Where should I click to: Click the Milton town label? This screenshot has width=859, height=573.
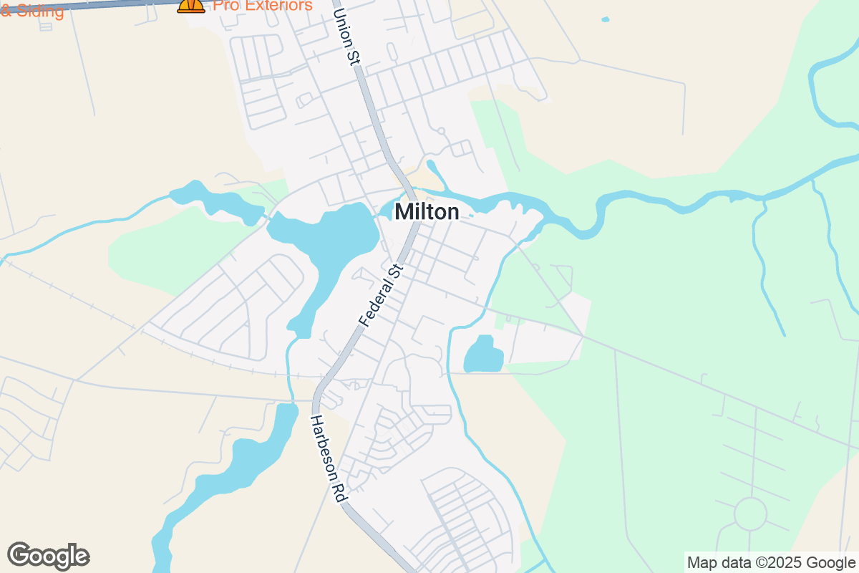[427, 212]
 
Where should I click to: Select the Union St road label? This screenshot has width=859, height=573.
[346, 34]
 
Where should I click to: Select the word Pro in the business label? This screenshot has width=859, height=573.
[226, 5]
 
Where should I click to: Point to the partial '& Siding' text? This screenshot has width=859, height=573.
[31, 11]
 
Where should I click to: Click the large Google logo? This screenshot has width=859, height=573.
[49, 556]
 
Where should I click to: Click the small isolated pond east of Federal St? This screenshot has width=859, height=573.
[483, 355]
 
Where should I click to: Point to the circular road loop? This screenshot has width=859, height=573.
[750, 514]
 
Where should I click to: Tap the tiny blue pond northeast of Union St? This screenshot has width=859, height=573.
[606, 19]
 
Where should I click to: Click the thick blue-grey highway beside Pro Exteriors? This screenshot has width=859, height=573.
[107, 6]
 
